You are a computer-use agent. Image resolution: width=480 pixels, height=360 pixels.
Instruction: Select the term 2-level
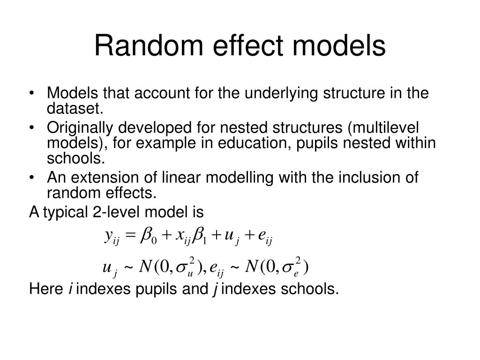[x=111, y=212]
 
